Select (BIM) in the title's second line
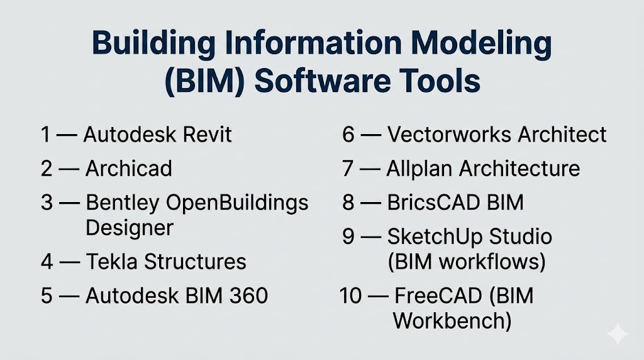tap(204, 81)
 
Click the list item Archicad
tap(128, 169)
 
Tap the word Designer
tap(130, 228)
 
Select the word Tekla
tap(111, 261)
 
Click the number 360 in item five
tap(248, 295)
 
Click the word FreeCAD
tap(438, 295)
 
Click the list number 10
tap(351, 295)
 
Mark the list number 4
tap(47, 261)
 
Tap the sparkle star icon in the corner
tap(618, 334)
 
